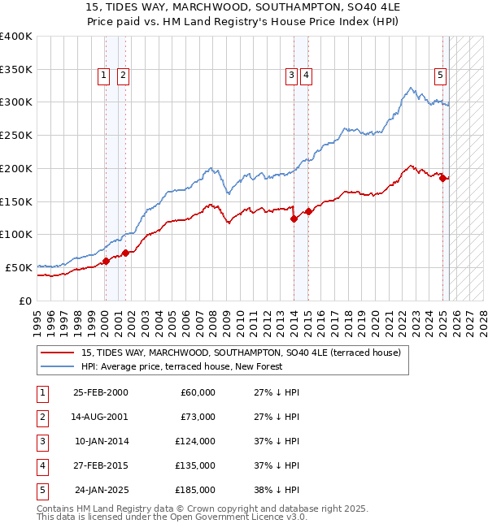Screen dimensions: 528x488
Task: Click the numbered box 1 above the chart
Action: click(x=105, y=76)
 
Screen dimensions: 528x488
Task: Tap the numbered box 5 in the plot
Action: click(x=440, y=76)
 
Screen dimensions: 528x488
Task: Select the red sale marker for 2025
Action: click(x=443, y=179)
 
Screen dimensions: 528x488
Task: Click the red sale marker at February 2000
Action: click(x=106, y=261)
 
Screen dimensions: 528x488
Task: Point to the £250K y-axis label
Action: click(x=16, y=136)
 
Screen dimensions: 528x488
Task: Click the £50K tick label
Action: click(x=20, y=267)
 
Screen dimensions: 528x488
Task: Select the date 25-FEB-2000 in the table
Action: click(x=100, y=392)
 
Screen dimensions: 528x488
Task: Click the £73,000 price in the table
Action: click(x=198, y=417)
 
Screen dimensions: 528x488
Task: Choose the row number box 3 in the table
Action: click(x=41, y=441)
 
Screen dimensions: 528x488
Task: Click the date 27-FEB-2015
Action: click(x=100, y=465)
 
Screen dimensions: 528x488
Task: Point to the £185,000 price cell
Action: click(x=195, y=490)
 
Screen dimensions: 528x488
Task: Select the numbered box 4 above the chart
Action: click(x=306, y=76)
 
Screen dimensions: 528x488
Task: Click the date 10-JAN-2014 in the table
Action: click(x=100, y=441)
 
